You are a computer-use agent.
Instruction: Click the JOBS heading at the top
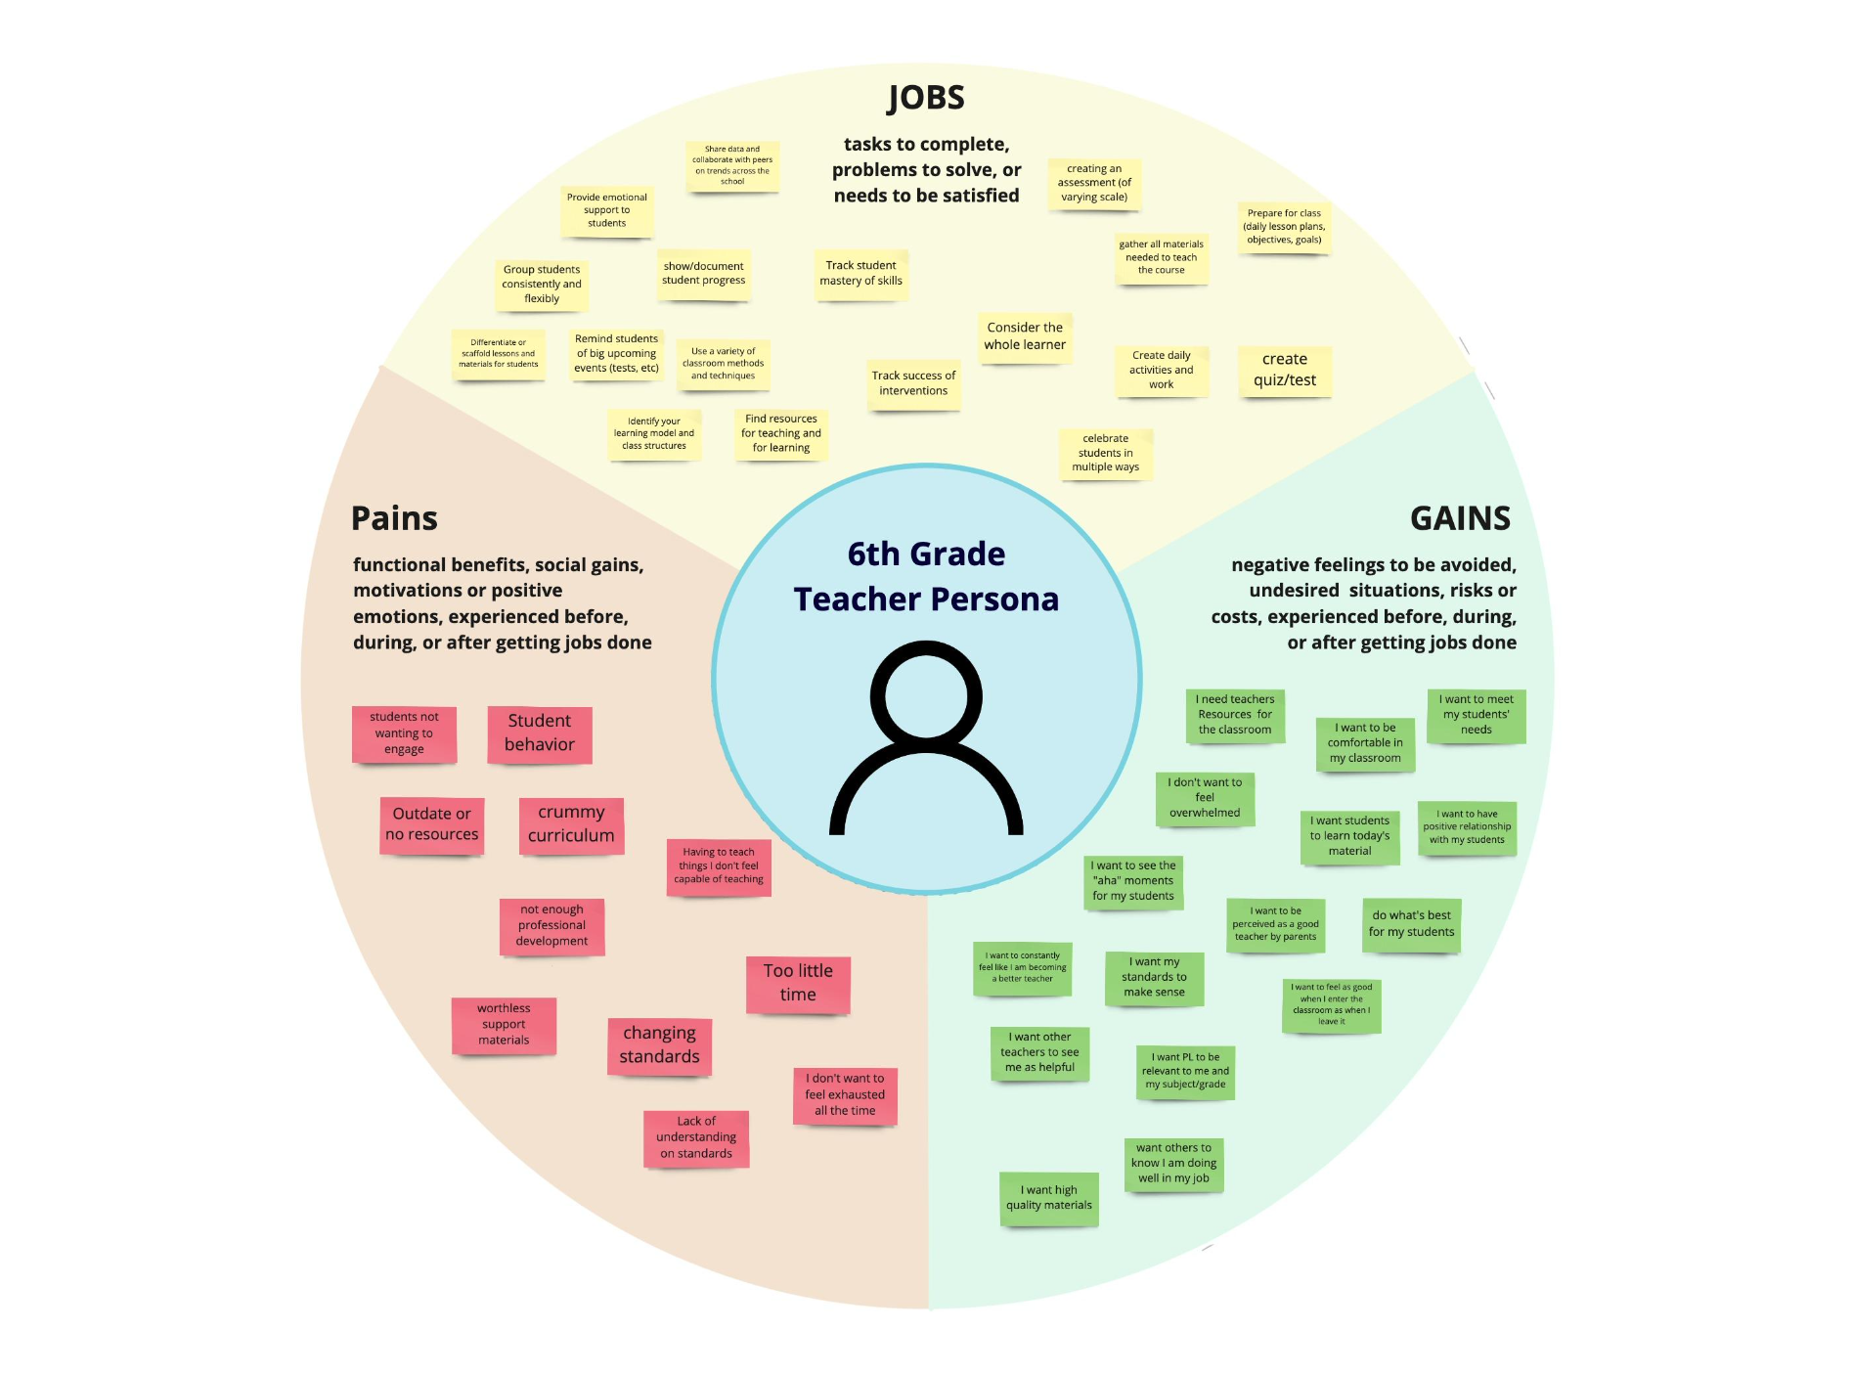coord(926,98)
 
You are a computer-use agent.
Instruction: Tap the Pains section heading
coord(394,518)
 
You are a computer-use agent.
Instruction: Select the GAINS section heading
coord(1460,518)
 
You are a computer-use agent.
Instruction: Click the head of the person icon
coord(926,695)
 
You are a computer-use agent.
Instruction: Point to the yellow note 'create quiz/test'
coord(1285,371)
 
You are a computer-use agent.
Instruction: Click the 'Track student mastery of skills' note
coord(860,274)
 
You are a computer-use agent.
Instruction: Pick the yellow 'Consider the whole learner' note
coord(1025,336)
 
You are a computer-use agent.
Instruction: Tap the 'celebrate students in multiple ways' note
coord(1105,453)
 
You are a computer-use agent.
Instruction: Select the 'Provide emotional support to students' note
coord(606,210)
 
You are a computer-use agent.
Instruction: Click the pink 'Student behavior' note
coord(540,733)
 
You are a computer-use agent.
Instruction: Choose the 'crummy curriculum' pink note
coord(571,824)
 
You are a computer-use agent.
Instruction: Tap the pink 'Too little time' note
coord(798,983)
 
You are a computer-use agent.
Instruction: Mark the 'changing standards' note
coord(659,1045)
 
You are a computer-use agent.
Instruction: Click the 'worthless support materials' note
coord(504,1025)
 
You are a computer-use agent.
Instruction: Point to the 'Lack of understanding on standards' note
coord(696,1137)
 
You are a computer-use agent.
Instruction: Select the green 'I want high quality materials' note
coord(1049,1198)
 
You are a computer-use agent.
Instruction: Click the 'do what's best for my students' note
coord(1411,924)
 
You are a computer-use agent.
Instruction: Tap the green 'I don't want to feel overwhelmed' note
coord(1205,798)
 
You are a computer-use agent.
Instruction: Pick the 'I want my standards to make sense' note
coord(1154,977)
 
